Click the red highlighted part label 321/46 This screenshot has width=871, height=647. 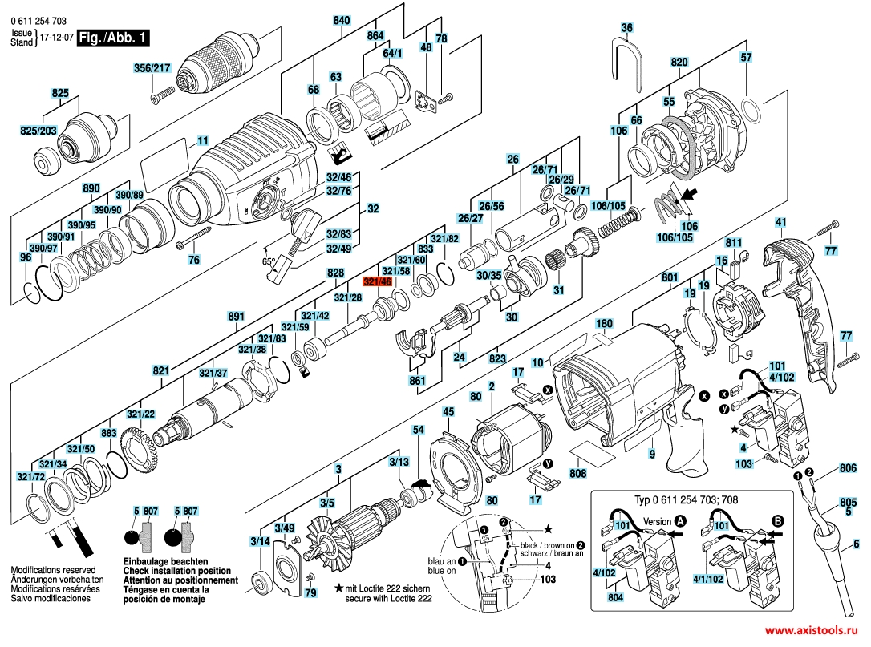(x=376, y=282)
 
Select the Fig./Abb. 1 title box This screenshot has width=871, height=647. (x=112, y=37)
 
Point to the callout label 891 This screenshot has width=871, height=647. (x=235, y=316)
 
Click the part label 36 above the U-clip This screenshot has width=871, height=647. (x=626, y=28)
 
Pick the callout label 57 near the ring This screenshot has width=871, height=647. (x=746, y=57)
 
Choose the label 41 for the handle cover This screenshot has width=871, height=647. (x=780, y=221)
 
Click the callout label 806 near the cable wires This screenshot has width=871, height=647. (x=848, y=467)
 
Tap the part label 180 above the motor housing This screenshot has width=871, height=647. (x=604, y=324)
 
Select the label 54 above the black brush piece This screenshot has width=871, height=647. (x=418, y=431)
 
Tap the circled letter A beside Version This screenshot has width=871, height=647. (x=681, y=520)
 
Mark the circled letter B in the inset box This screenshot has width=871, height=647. (x=776, y=520)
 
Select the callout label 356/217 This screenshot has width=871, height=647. (x=152, y=70)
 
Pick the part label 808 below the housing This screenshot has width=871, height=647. (x=577, y=473)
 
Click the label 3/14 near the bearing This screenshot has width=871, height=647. (x=260, y=542)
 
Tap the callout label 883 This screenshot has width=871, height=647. (x=108, y=433)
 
